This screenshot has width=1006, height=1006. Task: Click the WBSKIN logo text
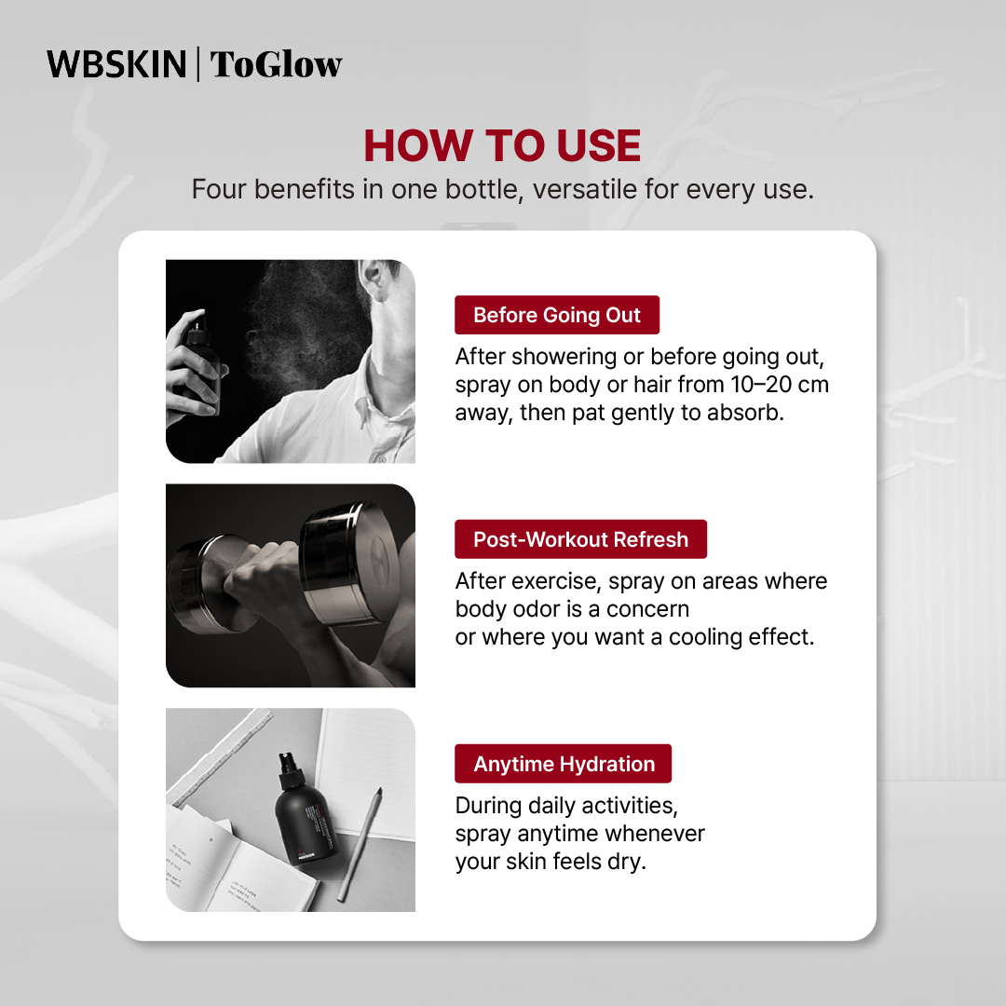tap(116, 64)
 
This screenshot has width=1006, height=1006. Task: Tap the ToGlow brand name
tap(276, 64)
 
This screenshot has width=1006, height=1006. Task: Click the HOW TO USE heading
tap(502, 145)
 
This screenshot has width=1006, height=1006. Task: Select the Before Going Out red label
tap(557, 315)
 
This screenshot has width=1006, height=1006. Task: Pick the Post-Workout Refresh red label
tap(580, 539)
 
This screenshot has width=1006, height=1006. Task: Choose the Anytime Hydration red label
tap(564, 764)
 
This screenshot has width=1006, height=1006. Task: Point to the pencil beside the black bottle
tap(360, 843)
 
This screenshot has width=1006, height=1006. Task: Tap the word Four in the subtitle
tap(218, 189)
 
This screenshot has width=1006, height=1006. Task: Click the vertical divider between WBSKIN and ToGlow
tap(197, 64)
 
